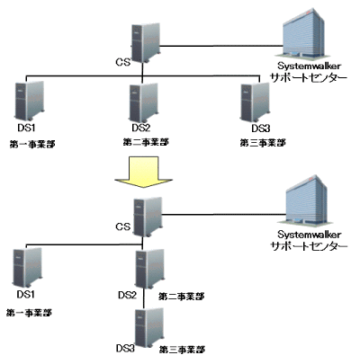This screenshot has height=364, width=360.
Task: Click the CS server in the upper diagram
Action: [146, 43]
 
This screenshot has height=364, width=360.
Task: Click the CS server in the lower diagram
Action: [148, 217]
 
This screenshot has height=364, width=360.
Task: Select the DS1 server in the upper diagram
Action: [30, 101]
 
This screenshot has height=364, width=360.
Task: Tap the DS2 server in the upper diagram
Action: [144, 103]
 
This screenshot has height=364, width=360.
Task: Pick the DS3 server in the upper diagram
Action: [256, 102]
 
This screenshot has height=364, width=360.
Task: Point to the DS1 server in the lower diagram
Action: [28, 268]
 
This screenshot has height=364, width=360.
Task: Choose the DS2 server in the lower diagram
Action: [150, 269]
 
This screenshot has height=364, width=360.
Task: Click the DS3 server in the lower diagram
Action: [149, 327]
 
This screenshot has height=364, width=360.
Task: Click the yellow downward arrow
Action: [143, 172]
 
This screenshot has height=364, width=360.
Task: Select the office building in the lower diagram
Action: [305, 200]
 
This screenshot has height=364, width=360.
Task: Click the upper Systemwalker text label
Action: [309, 66]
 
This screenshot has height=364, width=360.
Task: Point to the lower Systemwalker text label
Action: [310, 234]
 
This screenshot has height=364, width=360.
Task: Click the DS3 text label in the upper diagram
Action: [260, 129]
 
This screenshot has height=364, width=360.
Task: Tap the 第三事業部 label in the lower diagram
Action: [182, 350]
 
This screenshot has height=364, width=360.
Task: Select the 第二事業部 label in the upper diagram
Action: [146, 142]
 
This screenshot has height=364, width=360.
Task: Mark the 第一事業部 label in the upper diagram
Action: [32, 144]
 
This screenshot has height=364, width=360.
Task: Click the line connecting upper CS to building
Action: [221, 46]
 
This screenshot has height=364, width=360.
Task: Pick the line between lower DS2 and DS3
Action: [144, 298]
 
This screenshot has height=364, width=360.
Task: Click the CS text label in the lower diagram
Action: [123, 226]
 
